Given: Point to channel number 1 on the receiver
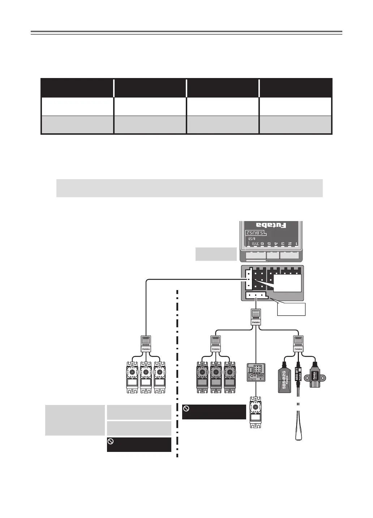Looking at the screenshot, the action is (296, 244).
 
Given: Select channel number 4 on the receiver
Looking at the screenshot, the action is (276, 244).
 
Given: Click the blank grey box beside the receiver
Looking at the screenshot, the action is (216, 254).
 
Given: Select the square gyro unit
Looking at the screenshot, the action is (256, 372).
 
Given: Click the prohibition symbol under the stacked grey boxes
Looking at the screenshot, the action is (111, 441).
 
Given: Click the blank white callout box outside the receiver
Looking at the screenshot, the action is (291, 309).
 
